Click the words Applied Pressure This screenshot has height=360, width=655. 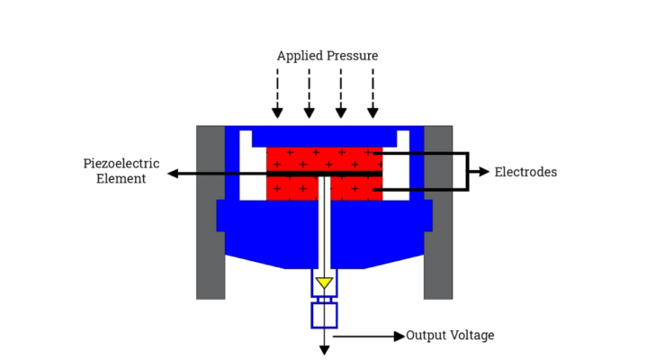tap(327, 56)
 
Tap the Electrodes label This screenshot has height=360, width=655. tap(525, 172)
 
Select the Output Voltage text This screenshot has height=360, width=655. tap(450, 336)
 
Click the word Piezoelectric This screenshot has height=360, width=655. tap(121, 164)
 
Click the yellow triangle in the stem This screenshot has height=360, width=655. tap(324, 283)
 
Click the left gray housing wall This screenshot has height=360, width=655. tap(210, 211)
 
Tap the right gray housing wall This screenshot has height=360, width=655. tap(438, 211)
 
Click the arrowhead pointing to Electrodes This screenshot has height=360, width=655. tap(484, 172)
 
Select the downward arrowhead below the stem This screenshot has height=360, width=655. tap(324, 348)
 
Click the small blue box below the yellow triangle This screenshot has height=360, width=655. tap(324, 315)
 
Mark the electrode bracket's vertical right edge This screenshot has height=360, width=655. tap(468, 171)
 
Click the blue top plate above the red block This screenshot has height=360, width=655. tap(324, 137)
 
